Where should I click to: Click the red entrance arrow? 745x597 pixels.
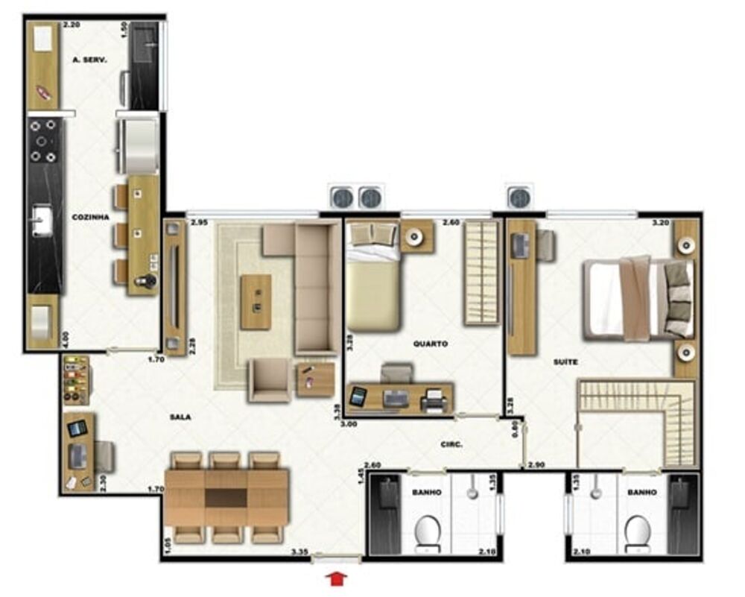(x=337, y=577)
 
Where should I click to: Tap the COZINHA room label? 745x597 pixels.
(x=90, y=217)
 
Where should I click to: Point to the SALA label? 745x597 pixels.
(x=180, y=417)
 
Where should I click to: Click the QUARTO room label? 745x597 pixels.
(x=431, y=344)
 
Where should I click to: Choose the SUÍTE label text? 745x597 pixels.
(x=566, y=362)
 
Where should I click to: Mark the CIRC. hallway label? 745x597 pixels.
(x=451, y=445)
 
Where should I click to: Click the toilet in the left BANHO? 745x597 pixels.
(x=428, y=534)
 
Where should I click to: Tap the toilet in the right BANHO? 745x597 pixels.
(x=638, y=534)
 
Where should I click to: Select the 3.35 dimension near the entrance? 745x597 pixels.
(x=300, y=553)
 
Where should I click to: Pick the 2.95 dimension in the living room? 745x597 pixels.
(x=198, y=222)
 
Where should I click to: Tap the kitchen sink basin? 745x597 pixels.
(x=42, y=221)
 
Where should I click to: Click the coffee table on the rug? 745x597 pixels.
(x=256, y=302)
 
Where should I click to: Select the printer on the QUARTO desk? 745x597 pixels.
(x=433, y=401)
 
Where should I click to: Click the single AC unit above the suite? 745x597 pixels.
(x=519, y=198)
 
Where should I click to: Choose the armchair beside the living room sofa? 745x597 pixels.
(x=270, y=379)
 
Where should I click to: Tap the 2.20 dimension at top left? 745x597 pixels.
(x=71, y=25)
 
